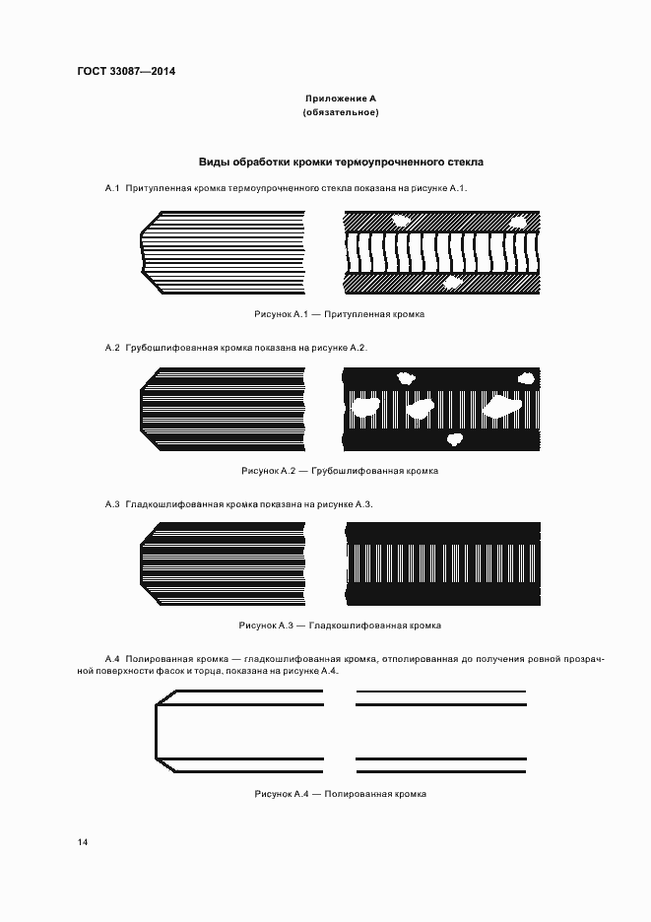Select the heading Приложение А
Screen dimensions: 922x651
341,99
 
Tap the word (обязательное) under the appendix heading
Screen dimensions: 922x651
341,112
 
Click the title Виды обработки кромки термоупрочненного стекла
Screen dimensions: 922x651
341,162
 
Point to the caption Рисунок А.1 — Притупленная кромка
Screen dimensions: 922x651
339,313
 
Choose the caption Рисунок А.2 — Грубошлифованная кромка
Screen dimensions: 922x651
340,471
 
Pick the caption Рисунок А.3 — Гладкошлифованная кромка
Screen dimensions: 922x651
340,626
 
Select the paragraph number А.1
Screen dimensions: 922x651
112,187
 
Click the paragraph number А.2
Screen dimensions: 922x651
112,348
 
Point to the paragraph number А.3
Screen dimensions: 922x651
112,504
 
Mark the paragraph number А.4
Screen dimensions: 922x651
112,658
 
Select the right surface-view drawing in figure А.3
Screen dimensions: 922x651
443,566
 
